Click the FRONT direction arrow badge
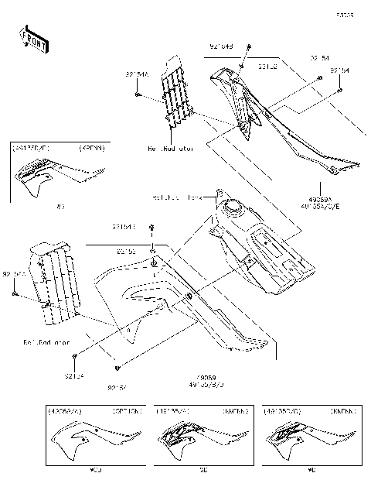pyautogui.click(x=33, y=39)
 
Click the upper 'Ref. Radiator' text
pyautogui.click(x=169, y=146)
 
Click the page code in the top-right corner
pyautogui.click(x=345, y=14)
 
